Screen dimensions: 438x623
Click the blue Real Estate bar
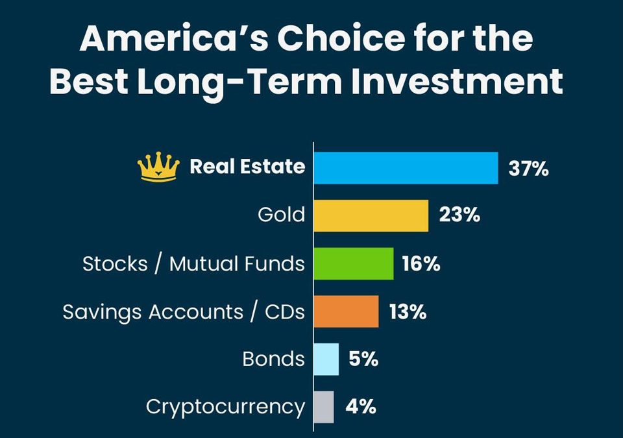[x=406, y=168]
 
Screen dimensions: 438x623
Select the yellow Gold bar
[x=371, y=215]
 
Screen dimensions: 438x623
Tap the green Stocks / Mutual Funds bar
[x=353, y=263]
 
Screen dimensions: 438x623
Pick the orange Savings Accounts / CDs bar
[x=346, y=311]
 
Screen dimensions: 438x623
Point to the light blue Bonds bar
[x=326, y=359]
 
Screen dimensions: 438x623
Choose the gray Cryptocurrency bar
[x=324, y=407]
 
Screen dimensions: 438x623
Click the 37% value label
[x=529, y=170]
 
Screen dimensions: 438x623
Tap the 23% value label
[x=459, y=215]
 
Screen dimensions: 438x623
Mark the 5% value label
[x=363, y=359]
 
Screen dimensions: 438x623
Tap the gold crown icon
[x=158, y=167]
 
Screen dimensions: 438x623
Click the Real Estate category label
[x=247, y=167]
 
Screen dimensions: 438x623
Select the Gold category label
[x=280, y=215]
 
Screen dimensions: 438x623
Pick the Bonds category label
[x=273, y=359]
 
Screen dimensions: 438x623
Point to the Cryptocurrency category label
[x=225, y=408]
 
